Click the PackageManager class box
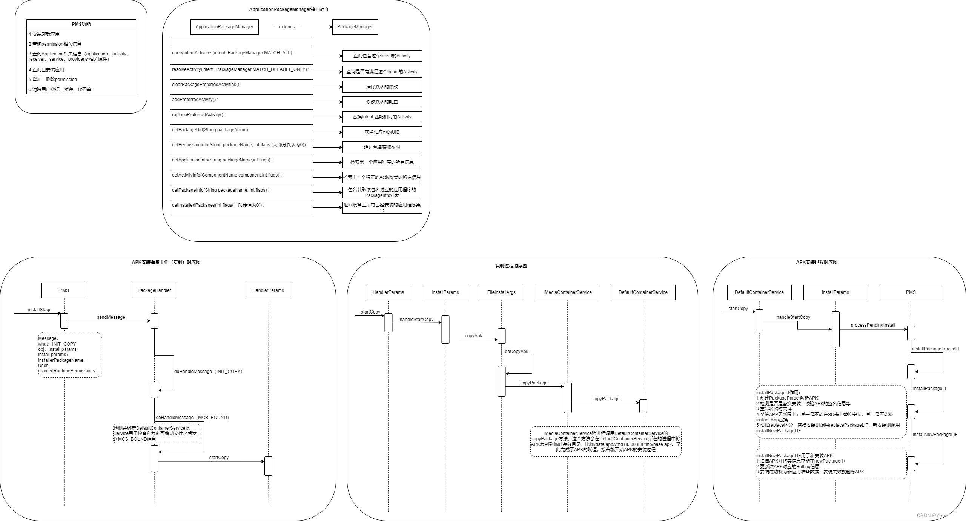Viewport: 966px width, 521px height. point(355,27)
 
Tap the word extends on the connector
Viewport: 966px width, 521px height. point(287,27)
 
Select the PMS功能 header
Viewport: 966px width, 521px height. point(81,24)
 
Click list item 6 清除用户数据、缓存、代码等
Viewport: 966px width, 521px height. point(60,89)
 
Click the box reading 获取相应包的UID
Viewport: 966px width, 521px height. point(382,132)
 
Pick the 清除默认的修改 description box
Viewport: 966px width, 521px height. point(382,87)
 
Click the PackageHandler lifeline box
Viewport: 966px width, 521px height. point(154,290)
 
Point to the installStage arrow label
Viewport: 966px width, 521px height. point(40,310)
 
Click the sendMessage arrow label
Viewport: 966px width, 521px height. point(111,317)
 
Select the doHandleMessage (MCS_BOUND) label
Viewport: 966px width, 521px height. point(192,418)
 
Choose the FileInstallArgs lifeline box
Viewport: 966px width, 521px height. point(501,292)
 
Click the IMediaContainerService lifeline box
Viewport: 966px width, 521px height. point(567,292)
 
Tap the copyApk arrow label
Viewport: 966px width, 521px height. point(473,336)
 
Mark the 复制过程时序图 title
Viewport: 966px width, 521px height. point(511,266)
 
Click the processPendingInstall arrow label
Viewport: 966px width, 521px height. point(873,325)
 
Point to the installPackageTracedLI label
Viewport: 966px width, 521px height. point(935,349)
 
